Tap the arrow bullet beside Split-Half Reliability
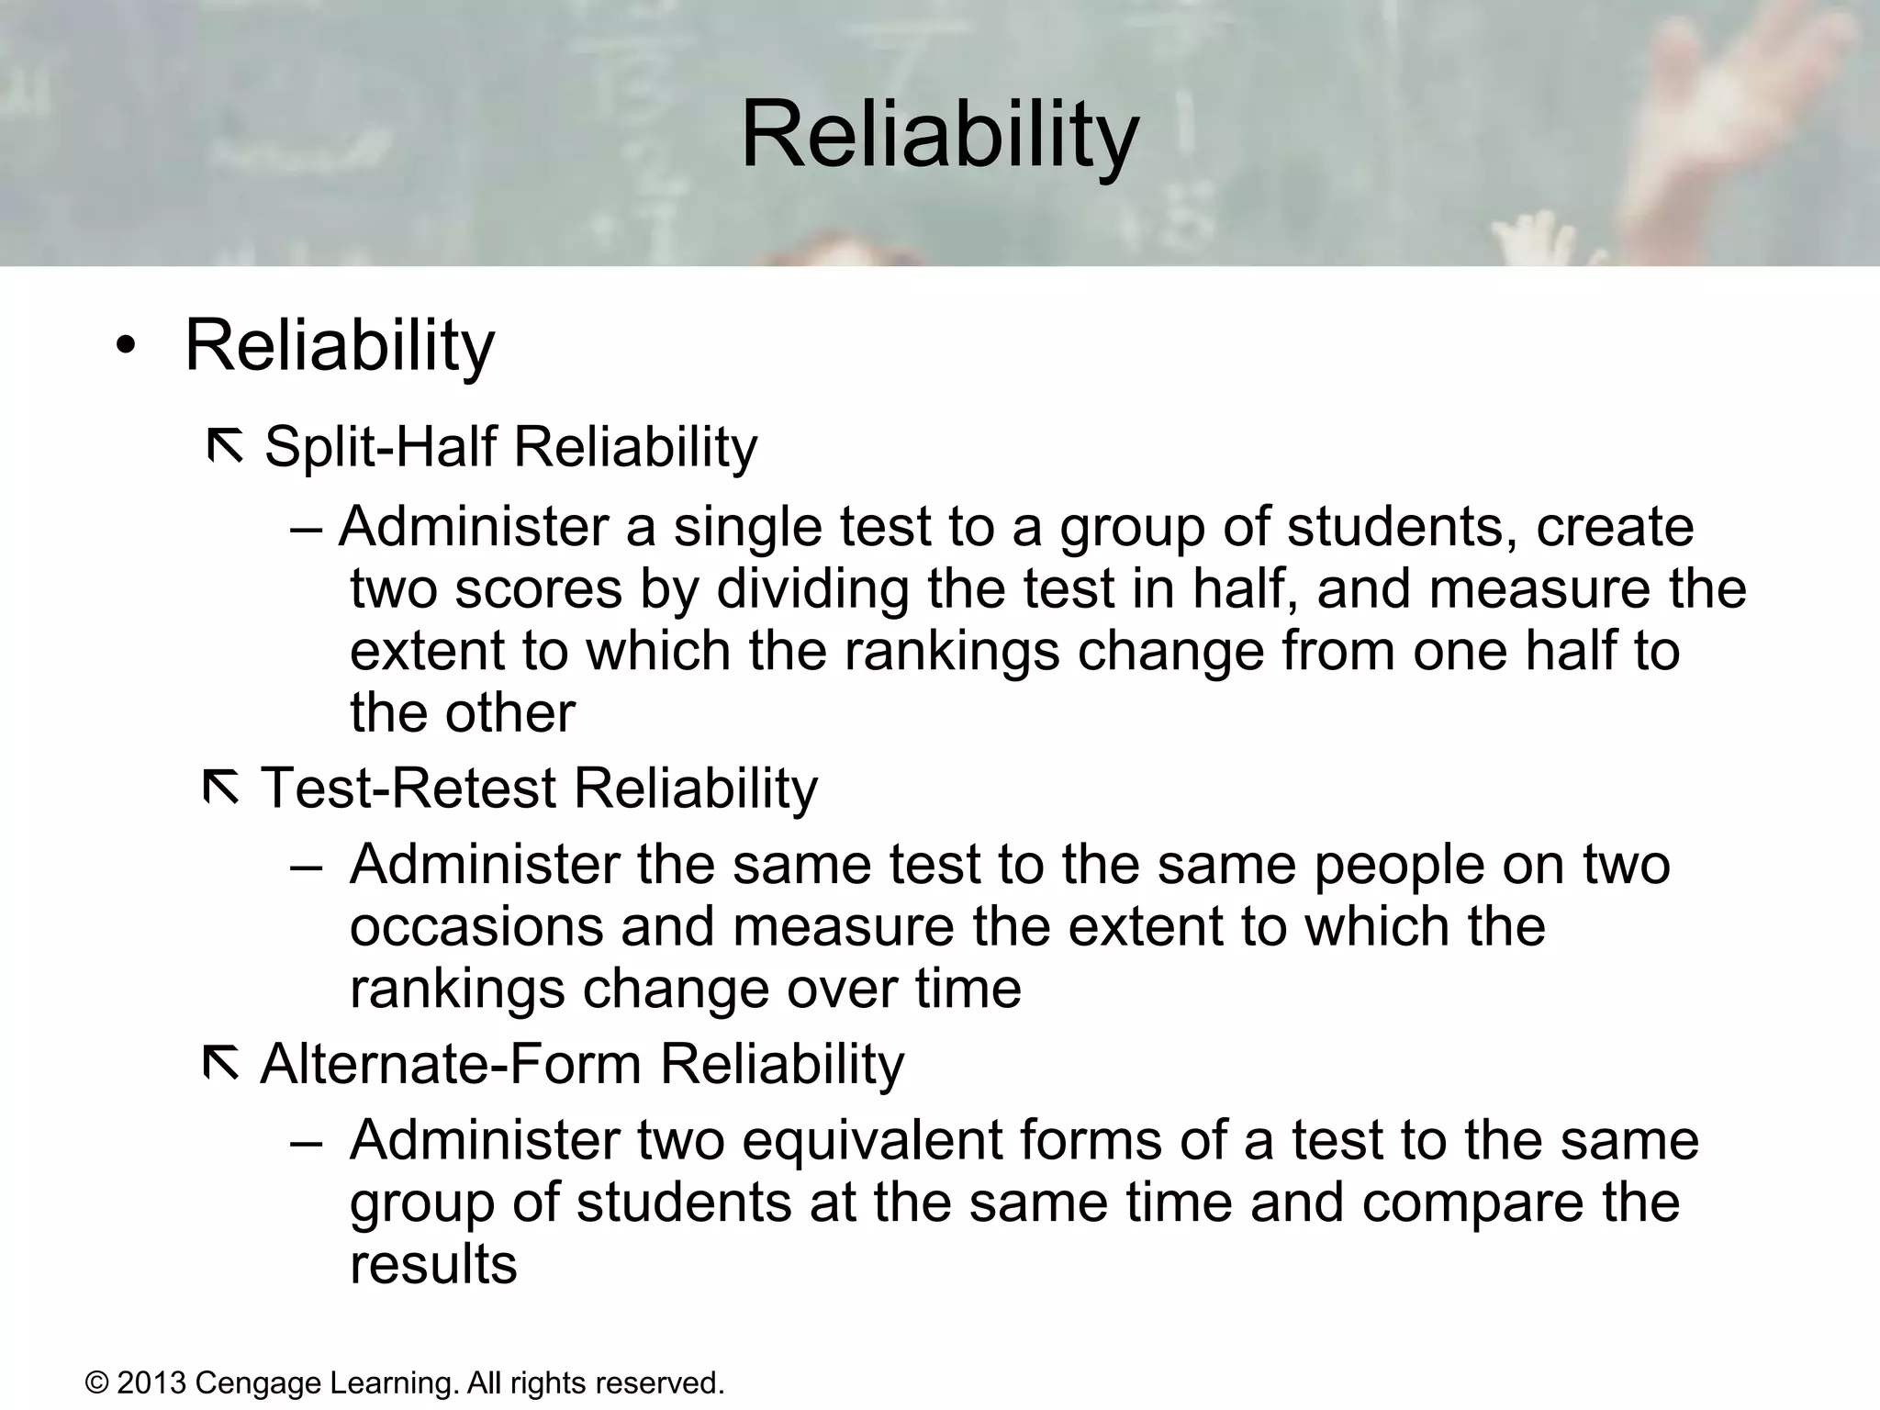(x=225, y=447)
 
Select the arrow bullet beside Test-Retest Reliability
(x=220, y=789)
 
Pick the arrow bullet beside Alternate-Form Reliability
(x=220, y=1064)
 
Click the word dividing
(x=811, y=590)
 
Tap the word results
(x=433, y=1264)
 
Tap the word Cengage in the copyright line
(x=258, y=1383)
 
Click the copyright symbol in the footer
(x=96, y=1382)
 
